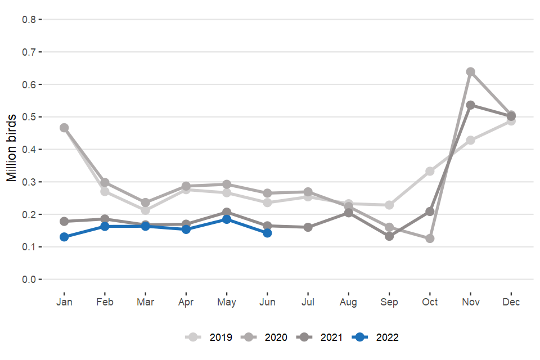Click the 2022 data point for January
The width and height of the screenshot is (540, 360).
(x=64, y=237)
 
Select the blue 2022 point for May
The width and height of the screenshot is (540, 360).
(x=227, y=219)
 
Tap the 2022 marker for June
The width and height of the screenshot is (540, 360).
(x=267, y=233)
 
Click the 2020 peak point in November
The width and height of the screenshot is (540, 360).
(x=471, y=72)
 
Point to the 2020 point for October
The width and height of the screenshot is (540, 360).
(x=430, y=238)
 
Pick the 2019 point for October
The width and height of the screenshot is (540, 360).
(x=430, y=171)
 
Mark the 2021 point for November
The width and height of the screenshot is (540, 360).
(x=471, y=105)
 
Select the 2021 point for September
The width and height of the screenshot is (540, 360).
(x=389, y=236)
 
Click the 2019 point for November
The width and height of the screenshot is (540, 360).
(x=471, y=140)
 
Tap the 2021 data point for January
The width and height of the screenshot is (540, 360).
(x=64, y=221)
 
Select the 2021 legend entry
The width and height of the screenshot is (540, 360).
(x=321, y=337)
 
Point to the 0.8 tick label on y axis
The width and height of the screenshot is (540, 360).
(x=29, y=20)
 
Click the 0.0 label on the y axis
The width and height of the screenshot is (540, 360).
(x=29, y=280)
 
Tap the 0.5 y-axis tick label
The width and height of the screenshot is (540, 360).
(x=29, y=117)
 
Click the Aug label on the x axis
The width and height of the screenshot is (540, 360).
(x=348, y=302)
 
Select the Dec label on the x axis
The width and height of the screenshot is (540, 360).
(x=511, y=302)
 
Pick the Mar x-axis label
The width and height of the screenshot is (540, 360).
(x=145, y=302)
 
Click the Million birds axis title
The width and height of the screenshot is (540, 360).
(x=12, y=149)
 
